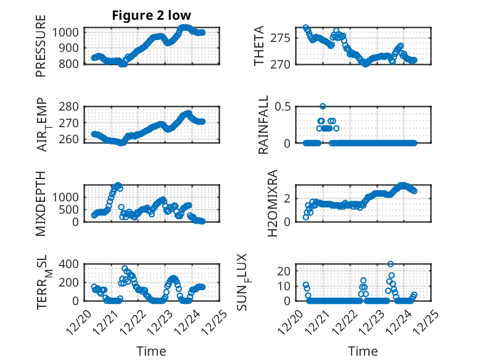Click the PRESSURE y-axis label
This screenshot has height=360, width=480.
[x=41, y=50]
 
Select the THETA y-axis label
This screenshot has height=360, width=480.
[x=259, y=46]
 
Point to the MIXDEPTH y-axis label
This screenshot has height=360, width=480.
[x=41, y=203]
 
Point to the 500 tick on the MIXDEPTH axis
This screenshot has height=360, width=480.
[x=70, y=209]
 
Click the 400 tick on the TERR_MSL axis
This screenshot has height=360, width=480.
[x=70, y=264]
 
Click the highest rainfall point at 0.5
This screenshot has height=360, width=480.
[x=323, y=106]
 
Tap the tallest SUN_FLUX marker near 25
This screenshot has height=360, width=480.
[x=390, y=264]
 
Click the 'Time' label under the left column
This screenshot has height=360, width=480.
[x=151, y=351]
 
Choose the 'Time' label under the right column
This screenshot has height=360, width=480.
[x=363, y=351]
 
